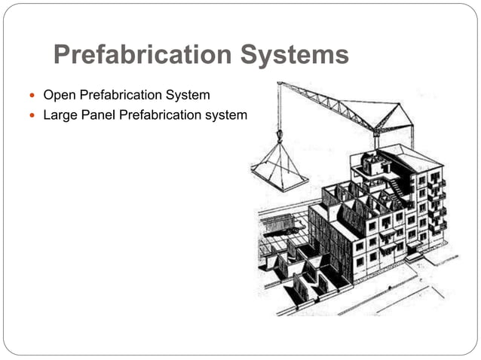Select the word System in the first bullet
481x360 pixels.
(189, 96)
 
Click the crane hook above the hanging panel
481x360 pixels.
(280, 136)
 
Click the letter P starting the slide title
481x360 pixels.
(63, 55)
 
